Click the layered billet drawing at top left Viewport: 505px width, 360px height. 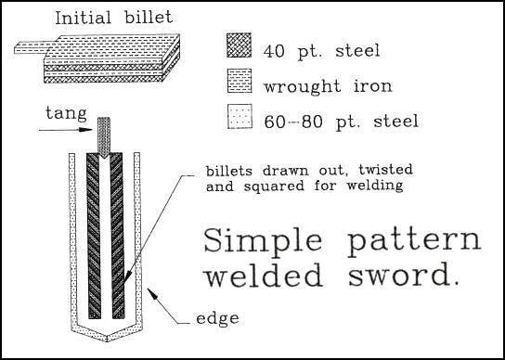(102, 53)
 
